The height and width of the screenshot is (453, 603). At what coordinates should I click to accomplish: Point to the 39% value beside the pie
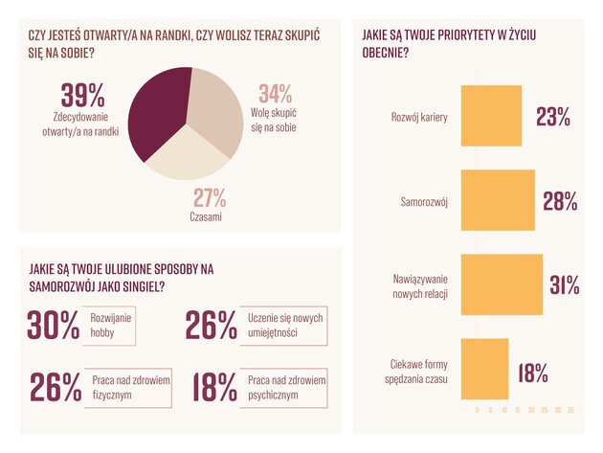pyautogui.click(x=82, y=97)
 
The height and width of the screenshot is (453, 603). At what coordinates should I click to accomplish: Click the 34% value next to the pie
pyautogui.click(x=275, y=95)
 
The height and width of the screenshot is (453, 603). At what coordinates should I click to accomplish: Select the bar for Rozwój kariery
pyautogui.click(x=491, y=116)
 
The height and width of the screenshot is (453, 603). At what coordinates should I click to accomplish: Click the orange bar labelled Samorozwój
pyautogui.click(x=498, y=200)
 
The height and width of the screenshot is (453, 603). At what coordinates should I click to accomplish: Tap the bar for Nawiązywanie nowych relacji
pyautogui.click(x=502, y=284)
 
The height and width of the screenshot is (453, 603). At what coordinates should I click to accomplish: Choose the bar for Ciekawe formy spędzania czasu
pyautogui.click(x=484, y=369)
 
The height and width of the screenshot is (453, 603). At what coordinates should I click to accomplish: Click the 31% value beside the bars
pyautogui.click(x=564, y=284)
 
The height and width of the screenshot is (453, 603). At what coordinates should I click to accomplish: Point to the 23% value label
pyautogui.click(x=553, y=117)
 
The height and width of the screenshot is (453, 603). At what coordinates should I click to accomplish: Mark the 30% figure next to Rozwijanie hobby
pyautogui.click(x=55, y=327)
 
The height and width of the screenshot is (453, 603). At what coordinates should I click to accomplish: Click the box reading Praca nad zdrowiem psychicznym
pyautogui.click(x=286, y=387)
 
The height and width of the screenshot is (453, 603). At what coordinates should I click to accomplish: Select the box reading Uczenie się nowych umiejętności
pyautogui.click(x=286, y=325)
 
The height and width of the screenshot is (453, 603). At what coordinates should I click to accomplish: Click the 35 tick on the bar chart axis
pyautogui.click(x=570, y=409)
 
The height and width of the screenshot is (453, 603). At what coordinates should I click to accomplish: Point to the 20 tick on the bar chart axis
pyautogui.click(x=530, y=409)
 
